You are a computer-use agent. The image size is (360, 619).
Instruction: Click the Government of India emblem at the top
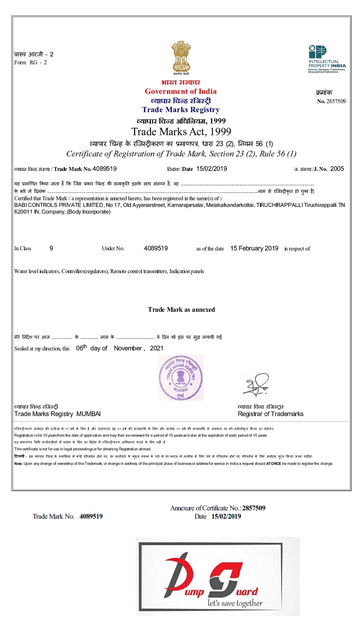pyautogui.click(x=181, y=57)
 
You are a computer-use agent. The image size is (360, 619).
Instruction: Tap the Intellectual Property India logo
pyautogui.click(x=327, y=58)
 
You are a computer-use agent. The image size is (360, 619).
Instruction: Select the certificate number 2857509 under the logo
pyautogui.click(x=336, y=101)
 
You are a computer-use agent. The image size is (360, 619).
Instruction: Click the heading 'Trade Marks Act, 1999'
pyautogui.click(x=181, y=132)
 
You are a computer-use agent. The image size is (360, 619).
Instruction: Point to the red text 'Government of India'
pyautogui.click(x=180, y=91)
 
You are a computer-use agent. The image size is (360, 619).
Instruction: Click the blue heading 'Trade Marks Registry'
pyautogui.click(x=180, y=110)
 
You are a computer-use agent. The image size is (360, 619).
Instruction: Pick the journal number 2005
pyautogui.click(x=337, y=169)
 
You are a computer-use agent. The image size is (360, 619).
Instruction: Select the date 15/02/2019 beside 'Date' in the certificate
pyautogui.click(x=212, y=169)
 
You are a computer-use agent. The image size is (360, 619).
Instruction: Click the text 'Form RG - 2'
pyautogui.click(x=30, y=63)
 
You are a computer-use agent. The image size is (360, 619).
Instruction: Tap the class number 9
pyautogui.click(x=51, y=249)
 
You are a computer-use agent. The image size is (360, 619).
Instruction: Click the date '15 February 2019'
pyautogui.click(x=254, y=249)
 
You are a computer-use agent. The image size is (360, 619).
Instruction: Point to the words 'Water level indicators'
pyautogui.click(x=36, y=271)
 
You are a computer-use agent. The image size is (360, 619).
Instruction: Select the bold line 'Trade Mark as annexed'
pyautogui.click(x=181, y=309)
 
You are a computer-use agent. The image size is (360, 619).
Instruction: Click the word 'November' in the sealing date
pyautogui.click(x=128, y=348)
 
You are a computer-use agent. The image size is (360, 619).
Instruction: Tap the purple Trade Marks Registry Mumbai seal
pyautogui.click(x=181, y=378)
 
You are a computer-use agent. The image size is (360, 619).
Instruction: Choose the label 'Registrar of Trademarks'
pyautogui.click(x=270, y=414)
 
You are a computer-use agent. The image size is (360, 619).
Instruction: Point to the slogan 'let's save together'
pyautogui.click(x=235, y=603)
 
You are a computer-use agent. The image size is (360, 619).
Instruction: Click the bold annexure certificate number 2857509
pyautogui.click(x=254, y=508)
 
